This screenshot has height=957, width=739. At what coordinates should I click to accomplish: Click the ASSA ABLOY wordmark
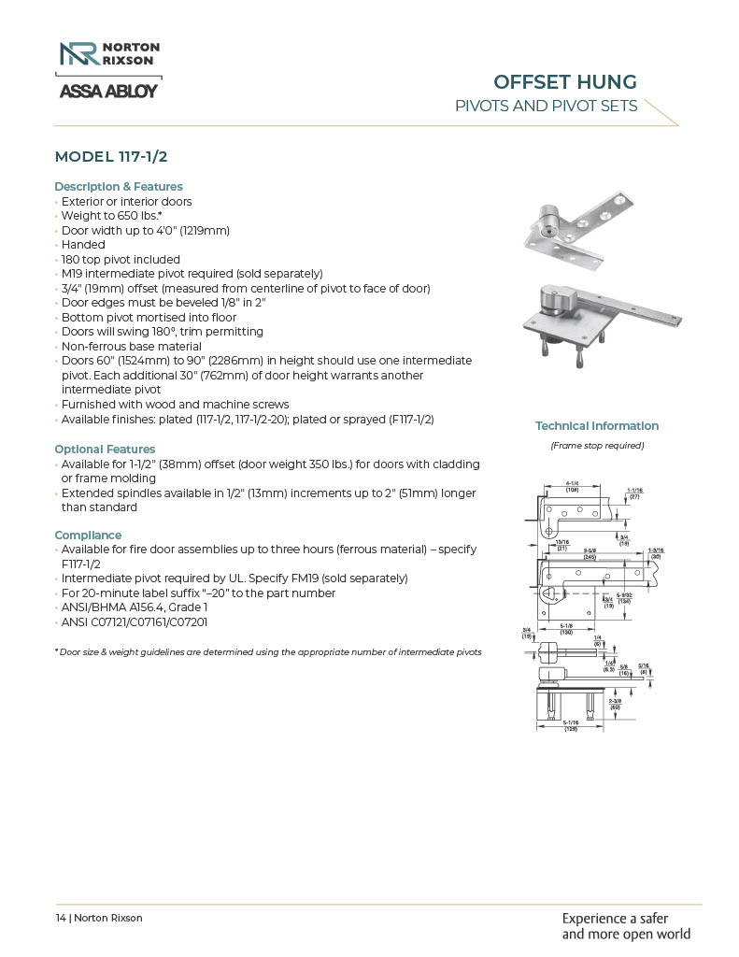108,91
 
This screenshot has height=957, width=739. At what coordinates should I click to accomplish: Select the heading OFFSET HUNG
565,81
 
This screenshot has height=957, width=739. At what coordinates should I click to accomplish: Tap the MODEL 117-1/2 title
118,156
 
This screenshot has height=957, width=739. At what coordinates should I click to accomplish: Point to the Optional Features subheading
105,450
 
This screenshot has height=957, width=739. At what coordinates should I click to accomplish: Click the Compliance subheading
88,536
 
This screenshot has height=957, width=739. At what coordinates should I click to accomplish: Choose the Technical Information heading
596,426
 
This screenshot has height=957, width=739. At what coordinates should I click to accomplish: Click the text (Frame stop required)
597,446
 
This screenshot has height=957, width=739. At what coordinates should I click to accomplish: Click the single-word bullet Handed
83,245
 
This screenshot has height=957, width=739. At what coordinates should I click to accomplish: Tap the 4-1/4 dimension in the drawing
576,483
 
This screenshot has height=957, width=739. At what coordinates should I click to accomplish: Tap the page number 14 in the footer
60,918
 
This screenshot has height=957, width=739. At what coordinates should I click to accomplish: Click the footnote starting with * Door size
268,651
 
